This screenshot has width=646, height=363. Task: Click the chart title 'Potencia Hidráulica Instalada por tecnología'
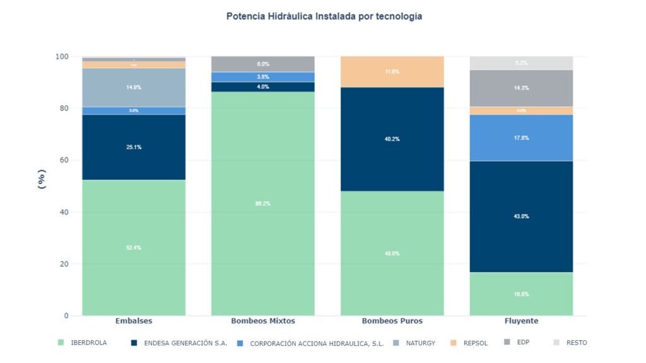[x=324, y=16]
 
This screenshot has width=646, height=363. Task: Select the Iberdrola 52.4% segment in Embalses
[x=134, y=248]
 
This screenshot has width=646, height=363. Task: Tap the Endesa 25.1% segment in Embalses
[x=134, y=147]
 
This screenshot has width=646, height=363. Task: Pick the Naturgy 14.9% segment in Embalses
[x=134, y=88]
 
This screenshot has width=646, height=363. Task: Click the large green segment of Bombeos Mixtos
[x=262, y=204]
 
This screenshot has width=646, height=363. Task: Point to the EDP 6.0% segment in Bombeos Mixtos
[x=262, y=64]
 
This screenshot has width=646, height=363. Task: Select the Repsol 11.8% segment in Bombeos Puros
[x=392, y=72]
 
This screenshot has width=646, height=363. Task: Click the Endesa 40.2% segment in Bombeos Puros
[x=392, y=139]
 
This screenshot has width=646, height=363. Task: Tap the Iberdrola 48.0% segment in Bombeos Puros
[x=392, y=253]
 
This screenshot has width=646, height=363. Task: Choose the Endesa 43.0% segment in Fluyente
[x=521, y=217]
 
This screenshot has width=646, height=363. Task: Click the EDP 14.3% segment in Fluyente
[x=521, y=88]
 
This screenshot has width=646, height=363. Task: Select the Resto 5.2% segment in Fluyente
[x=521, y=63]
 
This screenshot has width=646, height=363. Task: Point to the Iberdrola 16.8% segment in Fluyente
[x=521, y=294]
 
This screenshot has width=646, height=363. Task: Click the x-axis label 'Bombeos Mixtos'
[x=262, y=321]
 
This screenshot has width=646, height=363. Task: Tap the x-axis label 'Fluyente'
[x=521, y=321]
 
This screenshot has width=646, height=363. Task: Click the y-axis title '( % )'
[x=42, y=179]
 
